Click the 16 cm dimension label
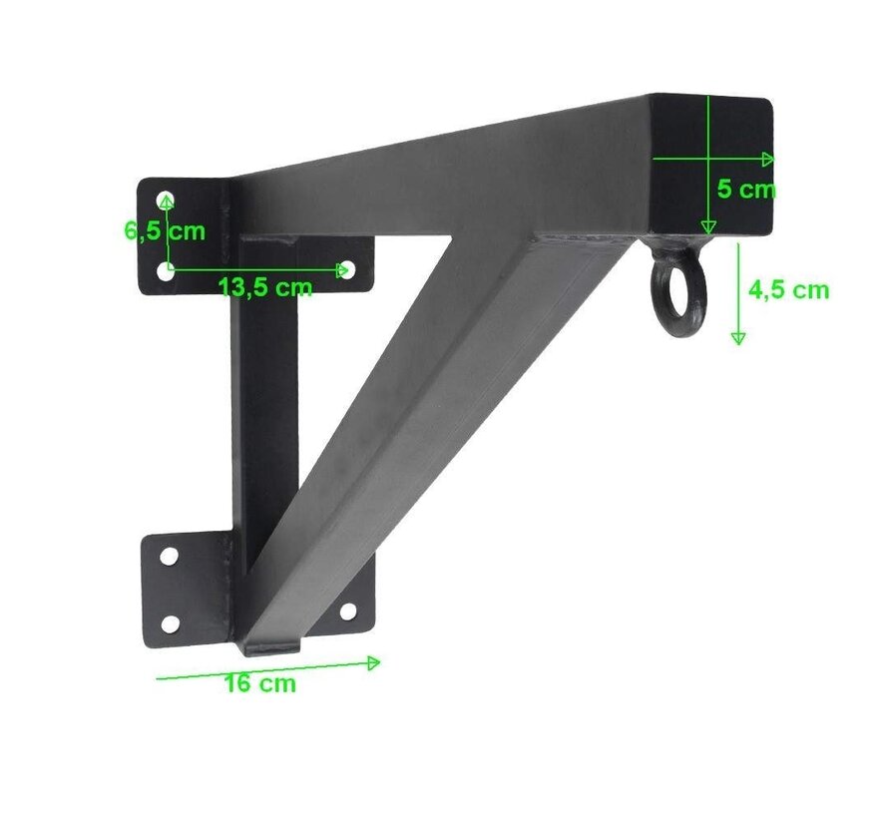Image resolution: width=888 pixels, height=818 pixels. click(260, 684)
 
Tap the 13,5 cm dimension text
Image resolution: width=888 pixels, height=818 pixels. click(265, 288)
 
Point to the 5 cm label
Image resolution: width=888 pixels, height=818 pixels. click(746, 190)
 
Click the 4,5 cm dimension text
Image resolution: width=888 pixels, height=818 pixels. click(788, 289)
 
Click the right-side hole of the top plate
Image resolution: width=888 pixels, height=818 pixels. click(346, 270)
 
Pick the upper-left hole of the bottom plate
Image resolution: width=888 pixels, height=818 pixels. click(169, 555)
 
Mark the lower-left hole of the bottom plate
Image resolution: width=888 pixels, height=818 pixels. click(170, 624)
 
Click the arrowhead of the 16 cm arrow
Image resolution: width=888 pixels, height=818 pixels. click(375, 661)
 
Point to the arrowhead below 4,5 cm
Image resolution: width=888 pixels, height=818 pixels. click(737, 339)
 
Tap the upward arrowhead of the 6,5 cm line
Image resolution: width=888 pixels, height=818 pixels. click(167, 200)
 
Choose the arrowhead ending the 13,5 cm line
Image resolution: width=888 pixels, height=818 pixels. click(344, 269)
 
